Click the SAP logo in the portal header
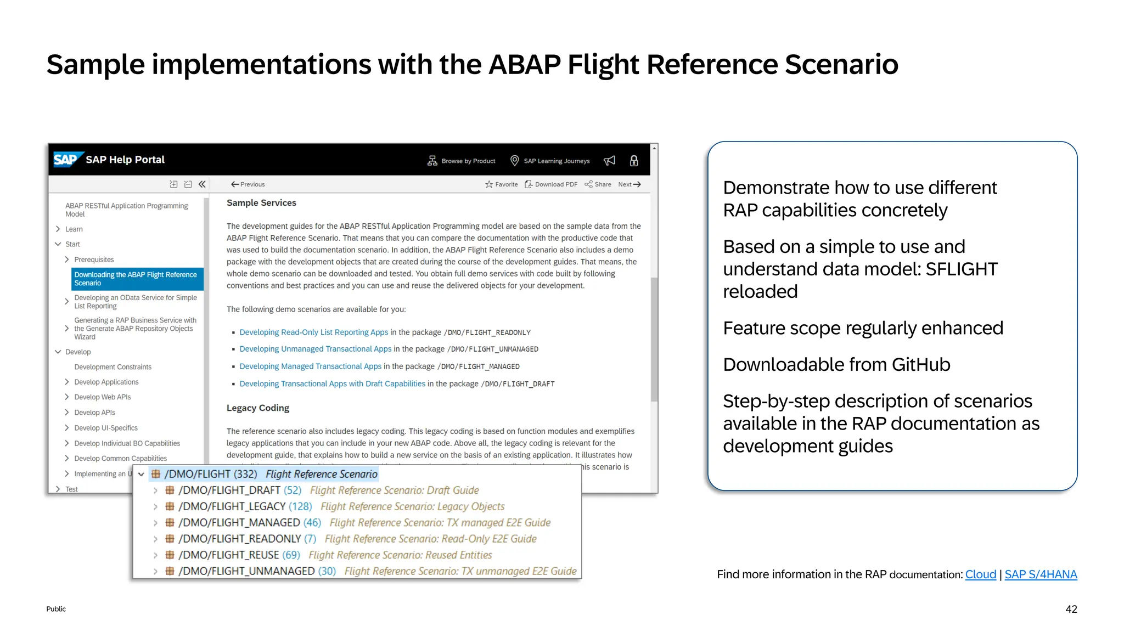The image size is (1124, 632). click(x=66, y=160)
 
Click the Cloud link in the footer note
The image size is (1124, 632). click(x=980, y=574)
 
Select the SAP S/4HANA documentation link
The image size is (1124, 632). click(x=1041, y=574)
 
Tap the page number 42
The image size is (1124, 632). click(x=1071, y=609)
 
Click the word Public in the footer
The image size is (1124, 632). click(x=56, y=609)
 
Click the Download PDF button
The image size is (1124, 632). click(x=551, y=184)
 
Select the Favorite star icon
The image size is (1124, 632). click(x=489, y=184)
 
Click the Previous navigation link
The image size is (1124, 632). click(x=248, y=184)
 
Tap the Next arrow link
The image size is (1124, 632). click(x=630, y=184)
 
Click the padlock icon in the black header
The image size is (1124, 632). click(x=634, y=161)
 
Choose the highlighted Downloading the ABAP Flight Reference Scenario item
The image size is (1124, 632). click(x=136, y=279)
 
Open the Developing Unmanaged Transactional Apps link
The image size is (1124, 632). click(x=315, y=349)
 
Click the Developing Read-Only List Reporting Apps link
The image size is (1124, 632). click(x=313, y=332)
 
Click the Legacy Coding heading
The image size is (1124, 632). click(x=258, y=408)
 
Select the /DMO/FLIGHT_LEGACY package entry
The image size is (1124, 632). click(x=232, y=506)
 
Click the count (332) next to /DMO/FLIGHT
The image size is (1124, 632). click(x=245, y=474)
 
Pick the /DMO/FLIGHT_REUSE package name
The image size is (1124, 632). click(x=229, y=555)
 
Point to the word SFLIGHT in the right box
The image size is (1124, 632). click(x=961, y=269)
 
